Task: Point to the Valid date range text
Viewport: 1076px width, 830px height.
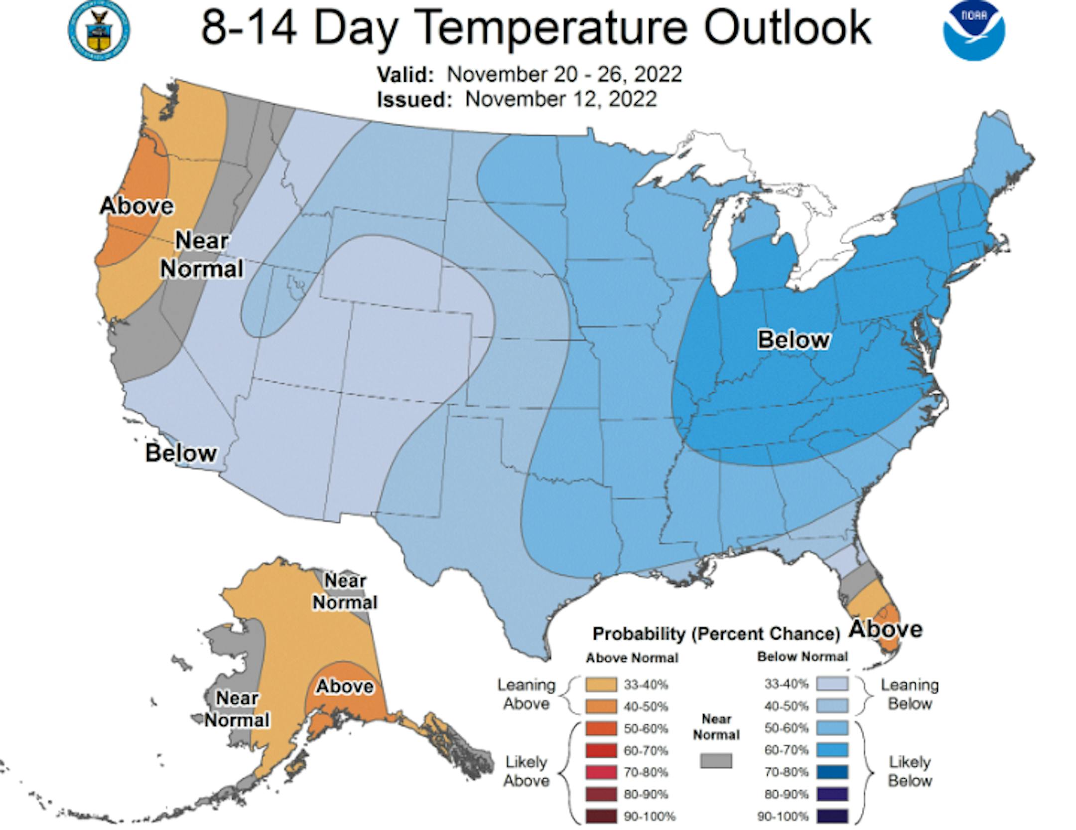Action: pyautogui.click(x=564, y=75)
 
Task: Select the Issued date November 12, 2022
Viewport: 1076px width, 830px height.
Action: pyautogui.click(x=561, y=99)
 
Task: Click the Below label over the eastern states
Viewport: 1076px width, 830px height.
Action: pyautogui.click(x=794, y=340)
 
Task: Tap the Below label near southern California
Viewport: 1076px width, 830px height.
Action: pyautogui.click(x=181, y=453)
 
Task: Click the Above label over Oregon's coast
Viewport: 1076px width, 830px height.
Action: pyautogui.click(x=136, y=206)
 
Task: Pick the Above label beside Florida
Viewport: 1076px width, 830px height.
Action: pyautogui.click(x=886, y=629)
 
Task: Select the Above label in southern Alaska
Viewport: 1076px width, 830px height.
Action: pyautogui.click(x=345, y=686)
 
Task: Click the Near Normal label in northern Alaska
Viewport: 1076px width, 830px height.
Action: pyautogui.click(x=345, y=592)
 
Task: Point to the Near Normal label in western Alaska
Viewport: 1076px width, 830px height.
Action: pyautogui.click(x=237, y=709)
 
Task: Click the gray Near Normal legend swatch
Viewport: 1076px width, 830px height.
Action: pyautogui.click(x=716, y=761)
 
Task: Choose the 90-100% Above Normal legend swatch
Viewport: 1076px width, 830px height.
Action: pyautogui.click(x=601, y=817)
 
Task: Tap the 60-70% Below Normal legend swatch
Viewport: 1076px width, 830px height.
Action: pyautogui.click(x=832, y=750)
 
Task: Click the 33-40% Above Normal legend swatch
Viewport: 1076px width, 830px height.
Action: pyautogui.click(x=601, y=684)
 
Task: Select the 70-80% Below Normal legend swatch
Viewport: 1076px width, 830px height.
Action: pyautogui.click(x=832, y=772)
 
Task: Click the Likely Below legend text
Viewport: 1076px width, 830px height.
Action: pyautogui.click(x=910, y=771)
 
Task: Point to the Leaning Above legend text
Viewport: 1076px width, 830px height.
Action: pyautogui.click(x=527, y=694)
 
